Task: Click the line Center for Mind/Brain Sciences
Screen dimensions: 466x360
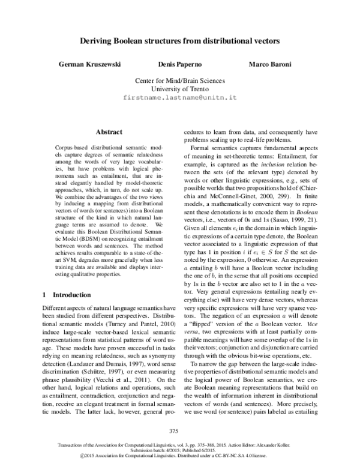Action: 179,79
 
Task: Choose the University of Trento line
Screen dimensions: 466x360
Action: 179,88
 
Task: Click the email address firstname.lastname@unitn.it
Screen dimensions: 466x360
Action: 179,97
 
